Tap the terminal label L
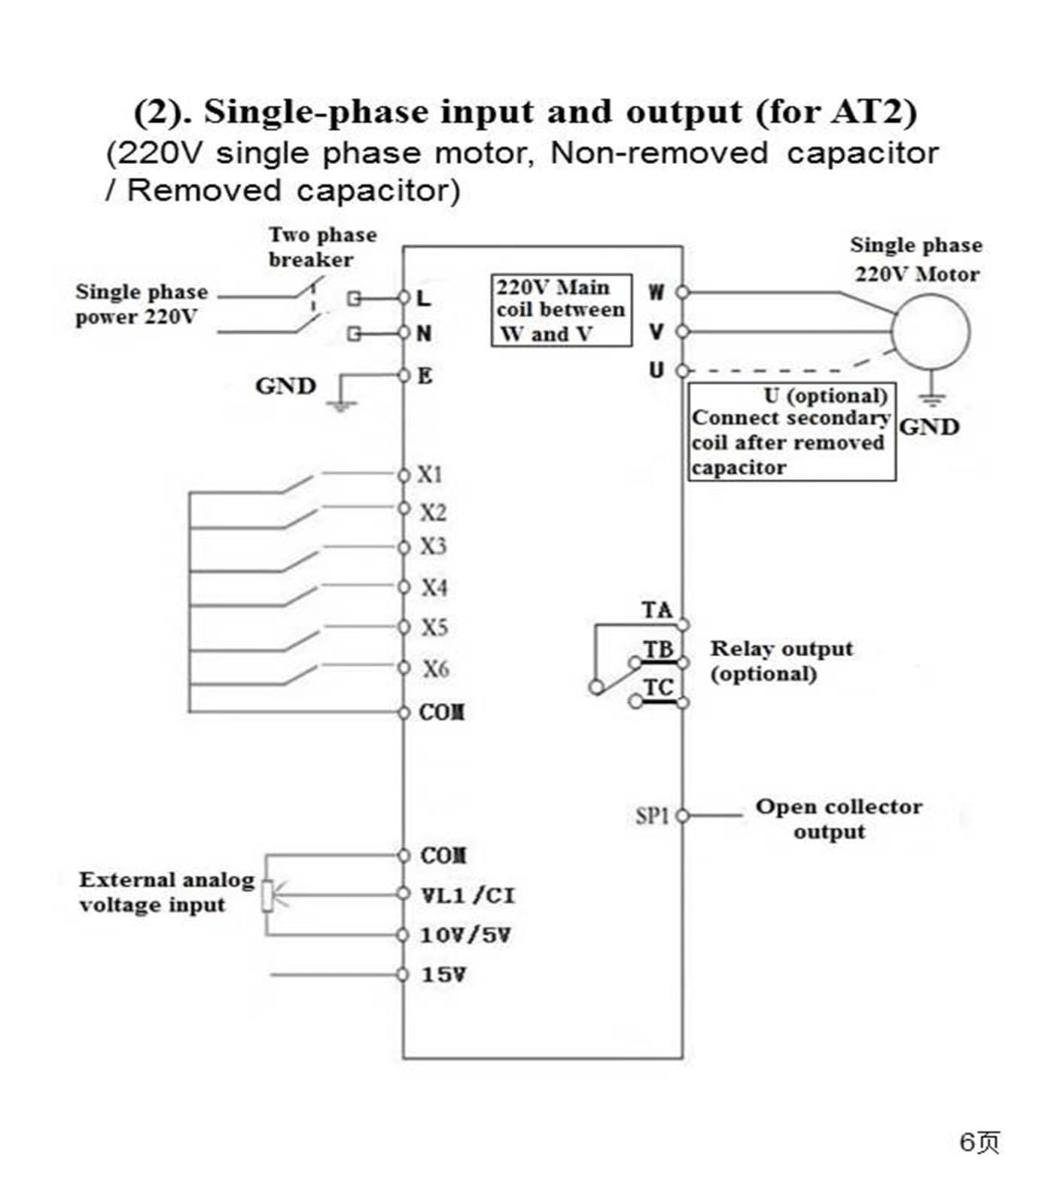pos(424,299)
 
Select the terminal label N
pos(424,333)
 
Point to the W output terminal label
pos(656,292)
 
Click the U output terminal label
pos(656,370)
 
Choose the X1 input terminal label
pos(430,475)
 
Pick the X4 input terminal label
pos(434,587)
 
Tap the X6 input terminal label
pos(435,668)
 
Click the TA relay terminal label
pos(657,610)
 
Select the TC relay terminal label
pos(659,687)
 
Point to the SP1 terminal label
pos(652,816)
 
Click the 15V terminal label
pos(443,974)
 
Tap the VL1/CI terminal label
pos(468,895)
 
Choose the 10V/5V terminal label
pos(465,935)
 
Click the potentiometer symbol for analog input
pos(267,895)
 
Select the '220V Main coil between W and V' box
pos(562,310)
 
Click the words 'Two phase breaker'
pos(323,247)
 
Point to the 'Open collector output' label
pos(839,819)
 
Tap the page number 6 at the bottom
pos(967,1142)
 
